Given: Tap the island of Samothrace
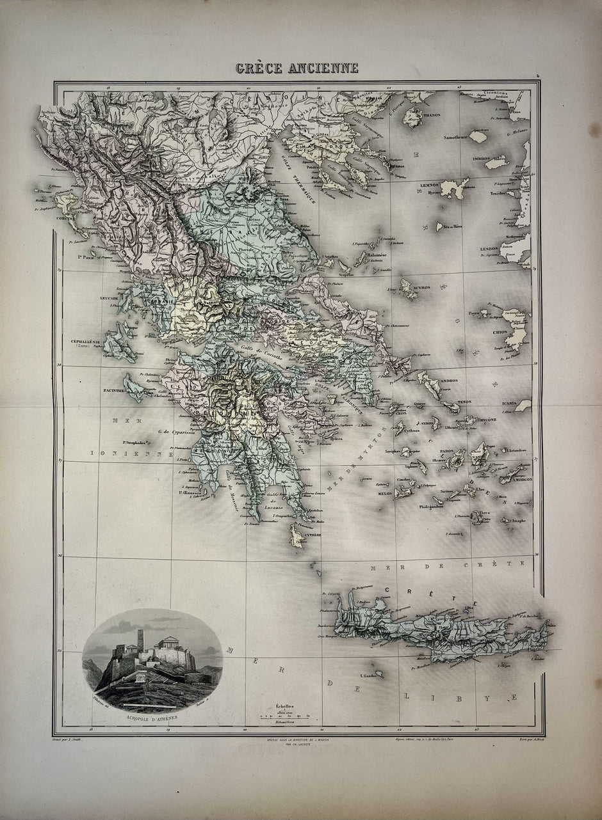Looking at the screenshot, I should point(478,136).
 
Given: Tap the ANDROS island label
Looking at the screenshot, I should point(448,381).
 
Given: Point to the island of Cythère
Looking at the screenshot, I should point(296,535).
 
